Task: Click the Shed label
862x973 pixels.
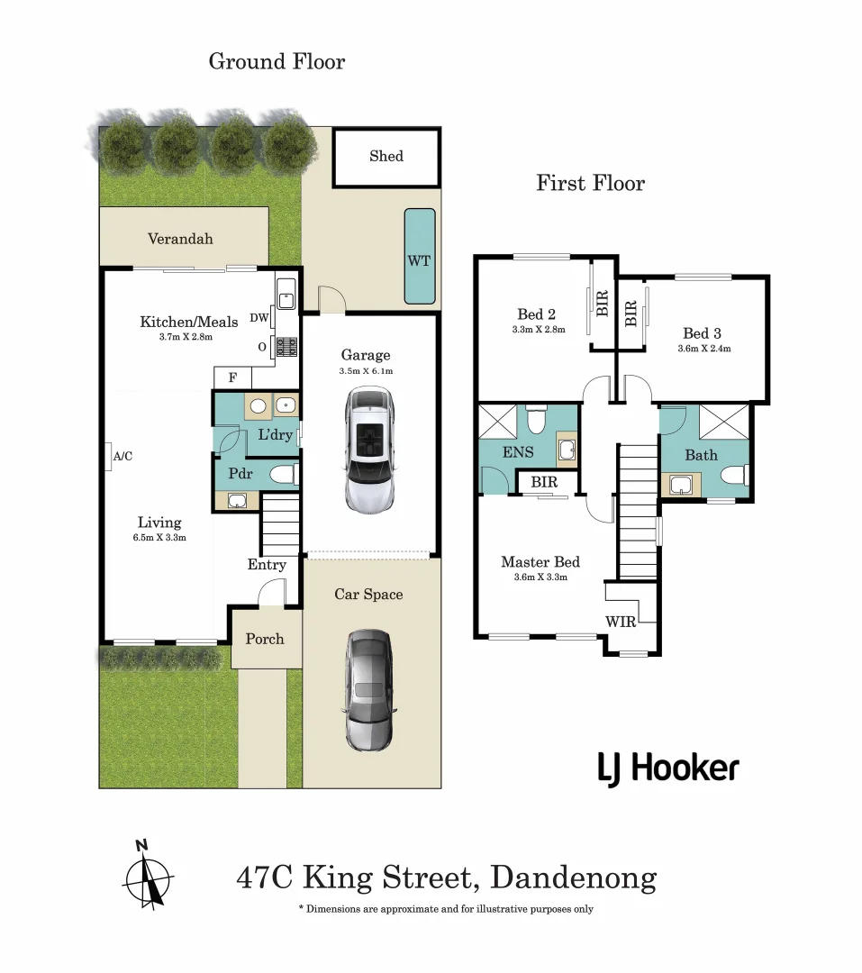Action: point(386,156)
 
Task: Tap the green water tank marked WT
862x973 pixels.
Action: point(420,256)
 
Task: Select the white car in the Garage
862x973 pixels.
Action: point(369,450)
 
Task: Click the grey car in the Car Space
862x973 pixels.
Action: point(369,690)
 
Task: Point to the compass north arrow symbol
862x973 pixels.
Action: point(148,877)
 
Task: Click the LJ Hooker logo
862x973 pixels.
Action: point(668,768)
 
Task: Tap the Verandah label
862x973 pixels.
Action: point(180,239)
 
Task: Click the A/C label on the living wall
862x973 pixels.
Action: point(122,456)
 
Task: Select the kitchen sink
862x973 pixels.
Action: point(286,294)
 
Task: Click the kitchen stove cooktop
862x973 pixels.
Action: point(286,346)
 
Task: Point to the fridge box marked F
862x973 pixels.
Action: point(232,377)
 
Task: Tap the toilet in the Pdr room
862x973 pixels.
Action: point(285,475)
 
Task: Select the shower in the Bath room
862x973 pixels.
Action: point(724,422)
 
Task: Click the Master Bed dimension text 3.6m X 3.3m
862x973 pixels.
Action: point(540,577)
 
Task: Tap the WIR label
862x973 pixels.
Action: point(621,622)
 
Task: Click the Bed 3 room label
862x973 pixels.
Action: point(702,334)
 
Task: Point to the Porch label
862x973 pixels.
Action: point(265,639)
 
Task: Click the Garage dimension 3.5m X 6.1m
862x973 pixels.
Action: point(366,371)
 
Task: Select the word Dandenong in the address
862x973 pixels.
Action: point(574,878)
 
